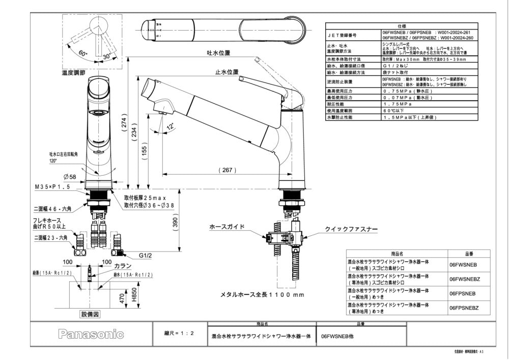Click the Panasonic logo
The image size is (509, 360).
click(x=91, y=335)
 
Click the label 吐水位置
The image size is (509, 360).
click(x=218, y=53)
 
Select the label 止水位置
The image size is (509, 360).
click(x=227, y=73)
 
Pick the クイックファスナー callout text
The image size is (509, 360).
click(x=351, y=230)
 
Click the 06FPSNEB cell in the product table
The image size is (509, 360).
click(x=462, y=294)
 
